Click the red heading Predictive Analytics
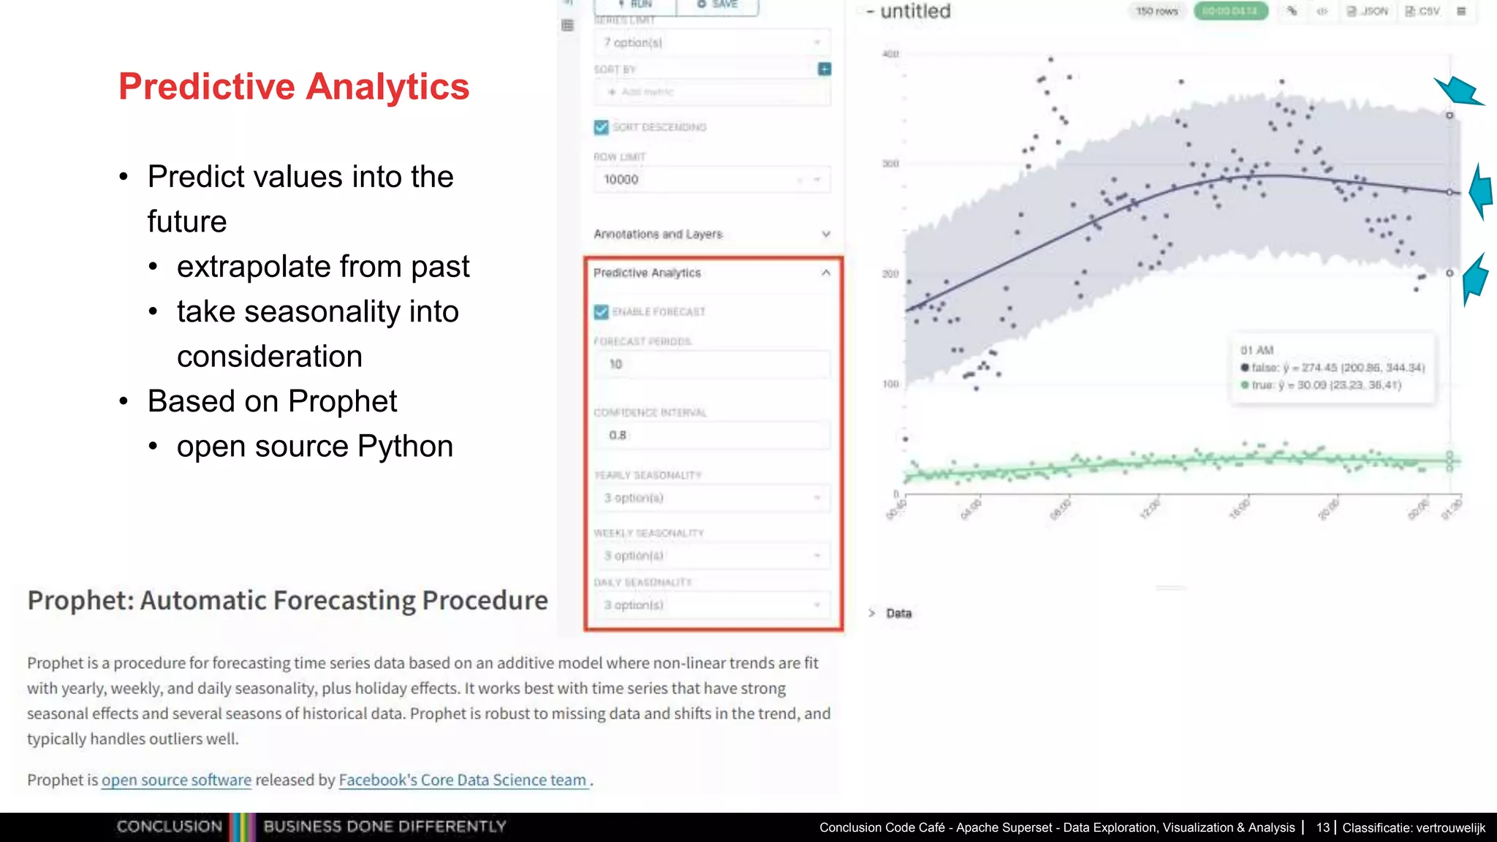(x=294, y=86)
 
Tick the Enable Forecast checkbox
(x=602, y=312)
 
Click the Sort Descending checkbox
(x=602, y=127)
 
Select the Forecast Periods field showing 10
(x=712, y=364)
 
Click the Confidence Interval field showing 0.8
(x=712, y=435)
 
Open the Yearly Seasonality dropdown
(x=712, y=498)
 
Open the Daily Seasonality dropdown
(x=712, y=605)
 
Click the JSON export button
(x=1368, y=11)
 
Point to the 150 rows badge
(x=1157, y=11)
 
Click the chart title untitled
(x=915, y=12)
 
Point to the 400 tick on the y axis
(x=890, y=54)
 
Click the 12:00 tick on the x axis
(x=1150, y=509)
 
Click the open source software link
(x=176, y=780)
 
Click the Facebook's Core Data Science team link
(x=463, y=780)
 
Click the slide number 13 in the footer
(x=1323, y=827)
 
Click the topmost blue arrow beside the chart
(x=1459, y=92)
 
